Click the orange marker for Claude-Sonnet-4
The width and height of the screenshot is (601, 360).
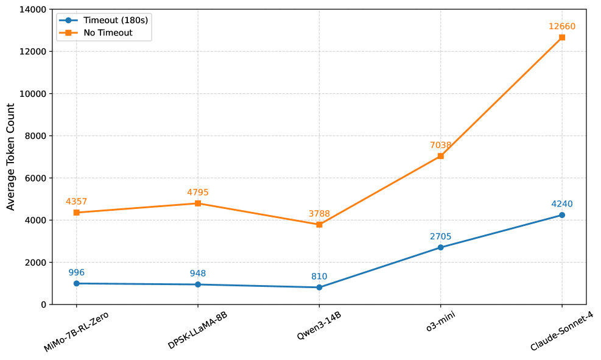point(561,38)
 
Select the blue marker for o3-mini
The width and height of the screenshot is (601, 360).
point(440,247)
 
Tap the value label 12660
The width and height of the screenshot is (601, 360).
point(561,27)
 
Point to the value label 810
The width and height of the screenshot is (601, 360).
point(319,277)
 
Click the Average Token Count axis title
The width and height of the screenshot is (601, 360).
point(11,157)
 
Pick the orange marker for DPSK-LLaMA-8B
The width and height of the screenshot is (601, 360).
point(198,203)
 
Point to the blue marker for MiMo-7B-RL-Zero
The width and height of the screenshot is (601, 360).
point(76,283)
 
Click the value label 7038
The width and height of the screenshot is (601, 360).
point(440,146)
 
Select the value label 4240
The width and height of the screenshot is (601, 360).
point(561,204)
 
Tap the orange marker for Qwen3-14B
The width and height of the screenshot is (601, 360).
point(319,225)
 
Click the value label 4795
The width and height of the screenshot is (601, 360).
point(198,192)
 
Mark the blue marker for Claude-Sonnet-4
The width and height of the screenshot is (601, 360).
point(561,215)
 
